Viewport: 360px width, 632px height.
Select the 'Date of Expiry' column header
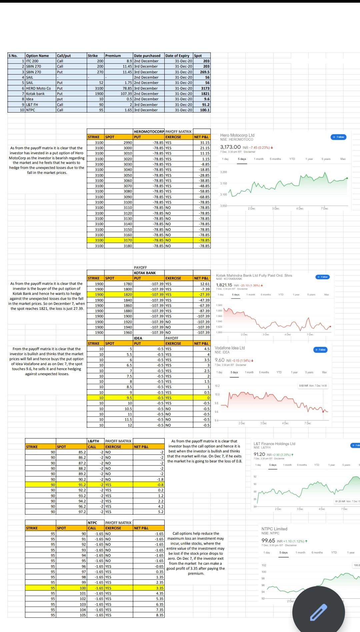coord(179,56)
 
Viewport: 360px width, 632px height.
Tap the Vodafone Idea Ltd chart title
coord(230,348)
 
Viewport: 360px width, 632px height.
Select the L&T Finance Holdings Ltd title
coord(274,444)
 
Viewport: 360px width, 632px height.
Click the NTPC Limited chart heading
coord(274,529)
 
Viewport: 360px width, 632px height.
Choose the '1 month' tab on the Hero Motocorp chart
coord(259,159)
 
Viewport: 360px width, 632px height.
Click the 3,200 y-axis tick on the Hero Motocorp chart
coord(223,172)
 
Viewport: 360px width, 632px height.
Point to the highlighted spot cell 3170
coord(119,240)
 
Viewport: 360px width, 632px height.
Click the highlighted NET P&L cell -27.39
coord(202,295)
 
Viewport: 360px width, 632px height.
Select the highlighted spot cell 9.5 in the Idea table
coord(119,398)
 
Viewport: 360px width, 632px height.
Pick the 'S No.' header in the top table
coord(16,56)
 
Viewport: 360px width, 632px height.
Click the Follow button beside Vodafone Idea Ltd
coord(320,349)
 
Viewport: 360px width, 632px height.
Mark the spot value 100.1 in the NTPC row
coord(202,110)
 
